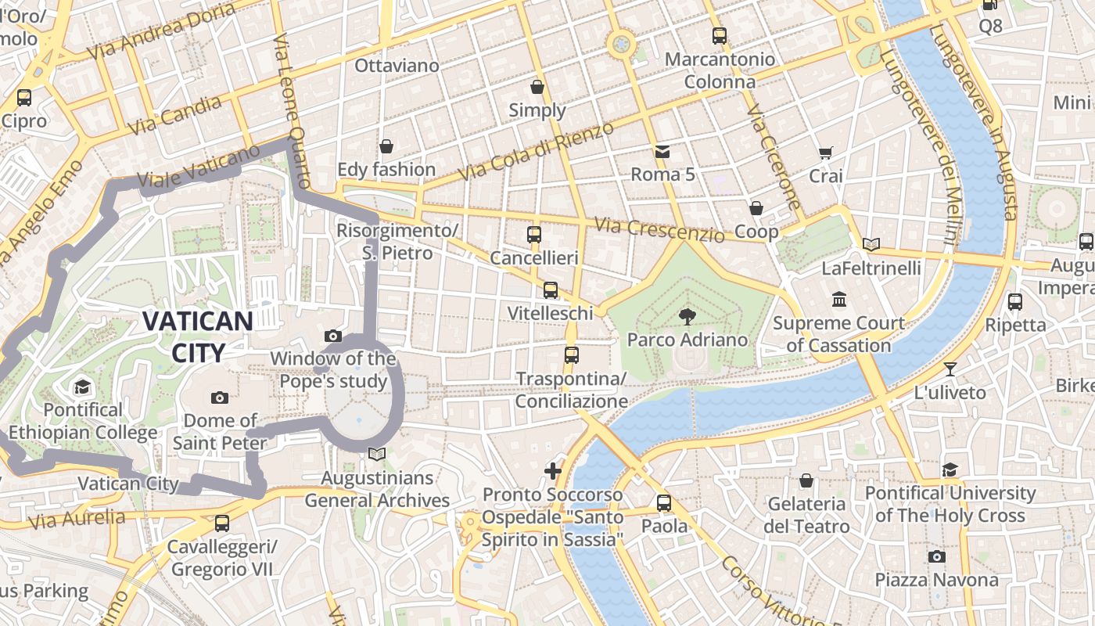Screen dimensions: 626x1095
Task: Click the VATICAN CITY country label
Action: pyautogui.click(x=197, y=336)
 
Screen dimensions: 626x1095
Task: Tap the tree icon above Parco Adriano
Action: pyautogui.click(x=688, y=317)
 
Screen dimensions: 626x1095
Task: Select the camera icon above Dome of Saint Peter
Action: pyautogui.click(x=220, y=398)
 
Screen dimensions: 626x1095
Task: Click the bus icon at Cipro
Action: pyautogui.click(x=24, y=98)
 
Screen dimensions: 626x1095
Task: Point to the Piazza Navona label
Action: pyautogui.click(x=936, y=580)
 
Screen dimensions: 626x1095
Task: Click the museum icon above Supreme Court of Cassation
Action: pyautogui.click(x=839, y=300)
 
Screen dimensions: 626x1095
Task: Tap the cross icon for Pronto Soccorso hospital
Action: pyautogui.click(x=553, y=470)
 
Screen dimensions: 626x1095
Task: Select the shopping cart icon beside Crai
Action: pyautogui.click(x=825, y=153)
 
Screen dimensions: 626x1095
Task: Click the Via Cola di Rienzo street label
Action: pyautogui.click(x=536, y=152)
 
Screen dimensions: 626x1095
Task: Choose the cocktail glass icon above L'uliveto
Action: pyautogui.click(x=950, y=369)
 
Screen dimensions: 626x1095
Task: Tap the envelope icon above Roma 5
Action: pyautogui.click(x=662, y=150)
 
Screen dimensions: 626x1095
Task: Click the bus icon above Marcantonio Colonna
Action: pyautogui.click(x=719, y=35)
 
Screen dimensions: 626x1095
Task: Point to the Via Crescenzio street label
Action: pyautogui.click(x=659, y=230)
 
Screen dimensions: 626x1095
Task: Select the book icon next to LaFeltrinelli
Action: pyautogui.click(x=871, y=244)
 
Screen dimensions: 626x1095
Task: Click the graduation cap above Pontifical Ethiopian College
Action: pyautogui.click(x=82, y=387)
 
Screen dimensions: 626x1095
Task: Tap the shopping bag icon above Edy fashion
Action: pyautogui.click(x=386, y=146)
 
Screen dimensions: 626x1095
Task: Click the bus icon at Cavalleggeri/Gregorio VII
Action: pyautogui.click(x=222, y=523)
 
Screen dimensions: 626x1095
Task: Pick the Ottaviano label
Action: pyautogui.click(x=397, y=66)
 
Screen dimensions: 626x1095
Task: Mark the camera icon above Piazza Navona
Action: pyautogui.click(x=936, y=556)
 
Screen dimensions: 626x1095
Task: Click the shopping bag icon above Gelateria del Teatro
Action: pyautogui.click(x=806, y=480)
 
